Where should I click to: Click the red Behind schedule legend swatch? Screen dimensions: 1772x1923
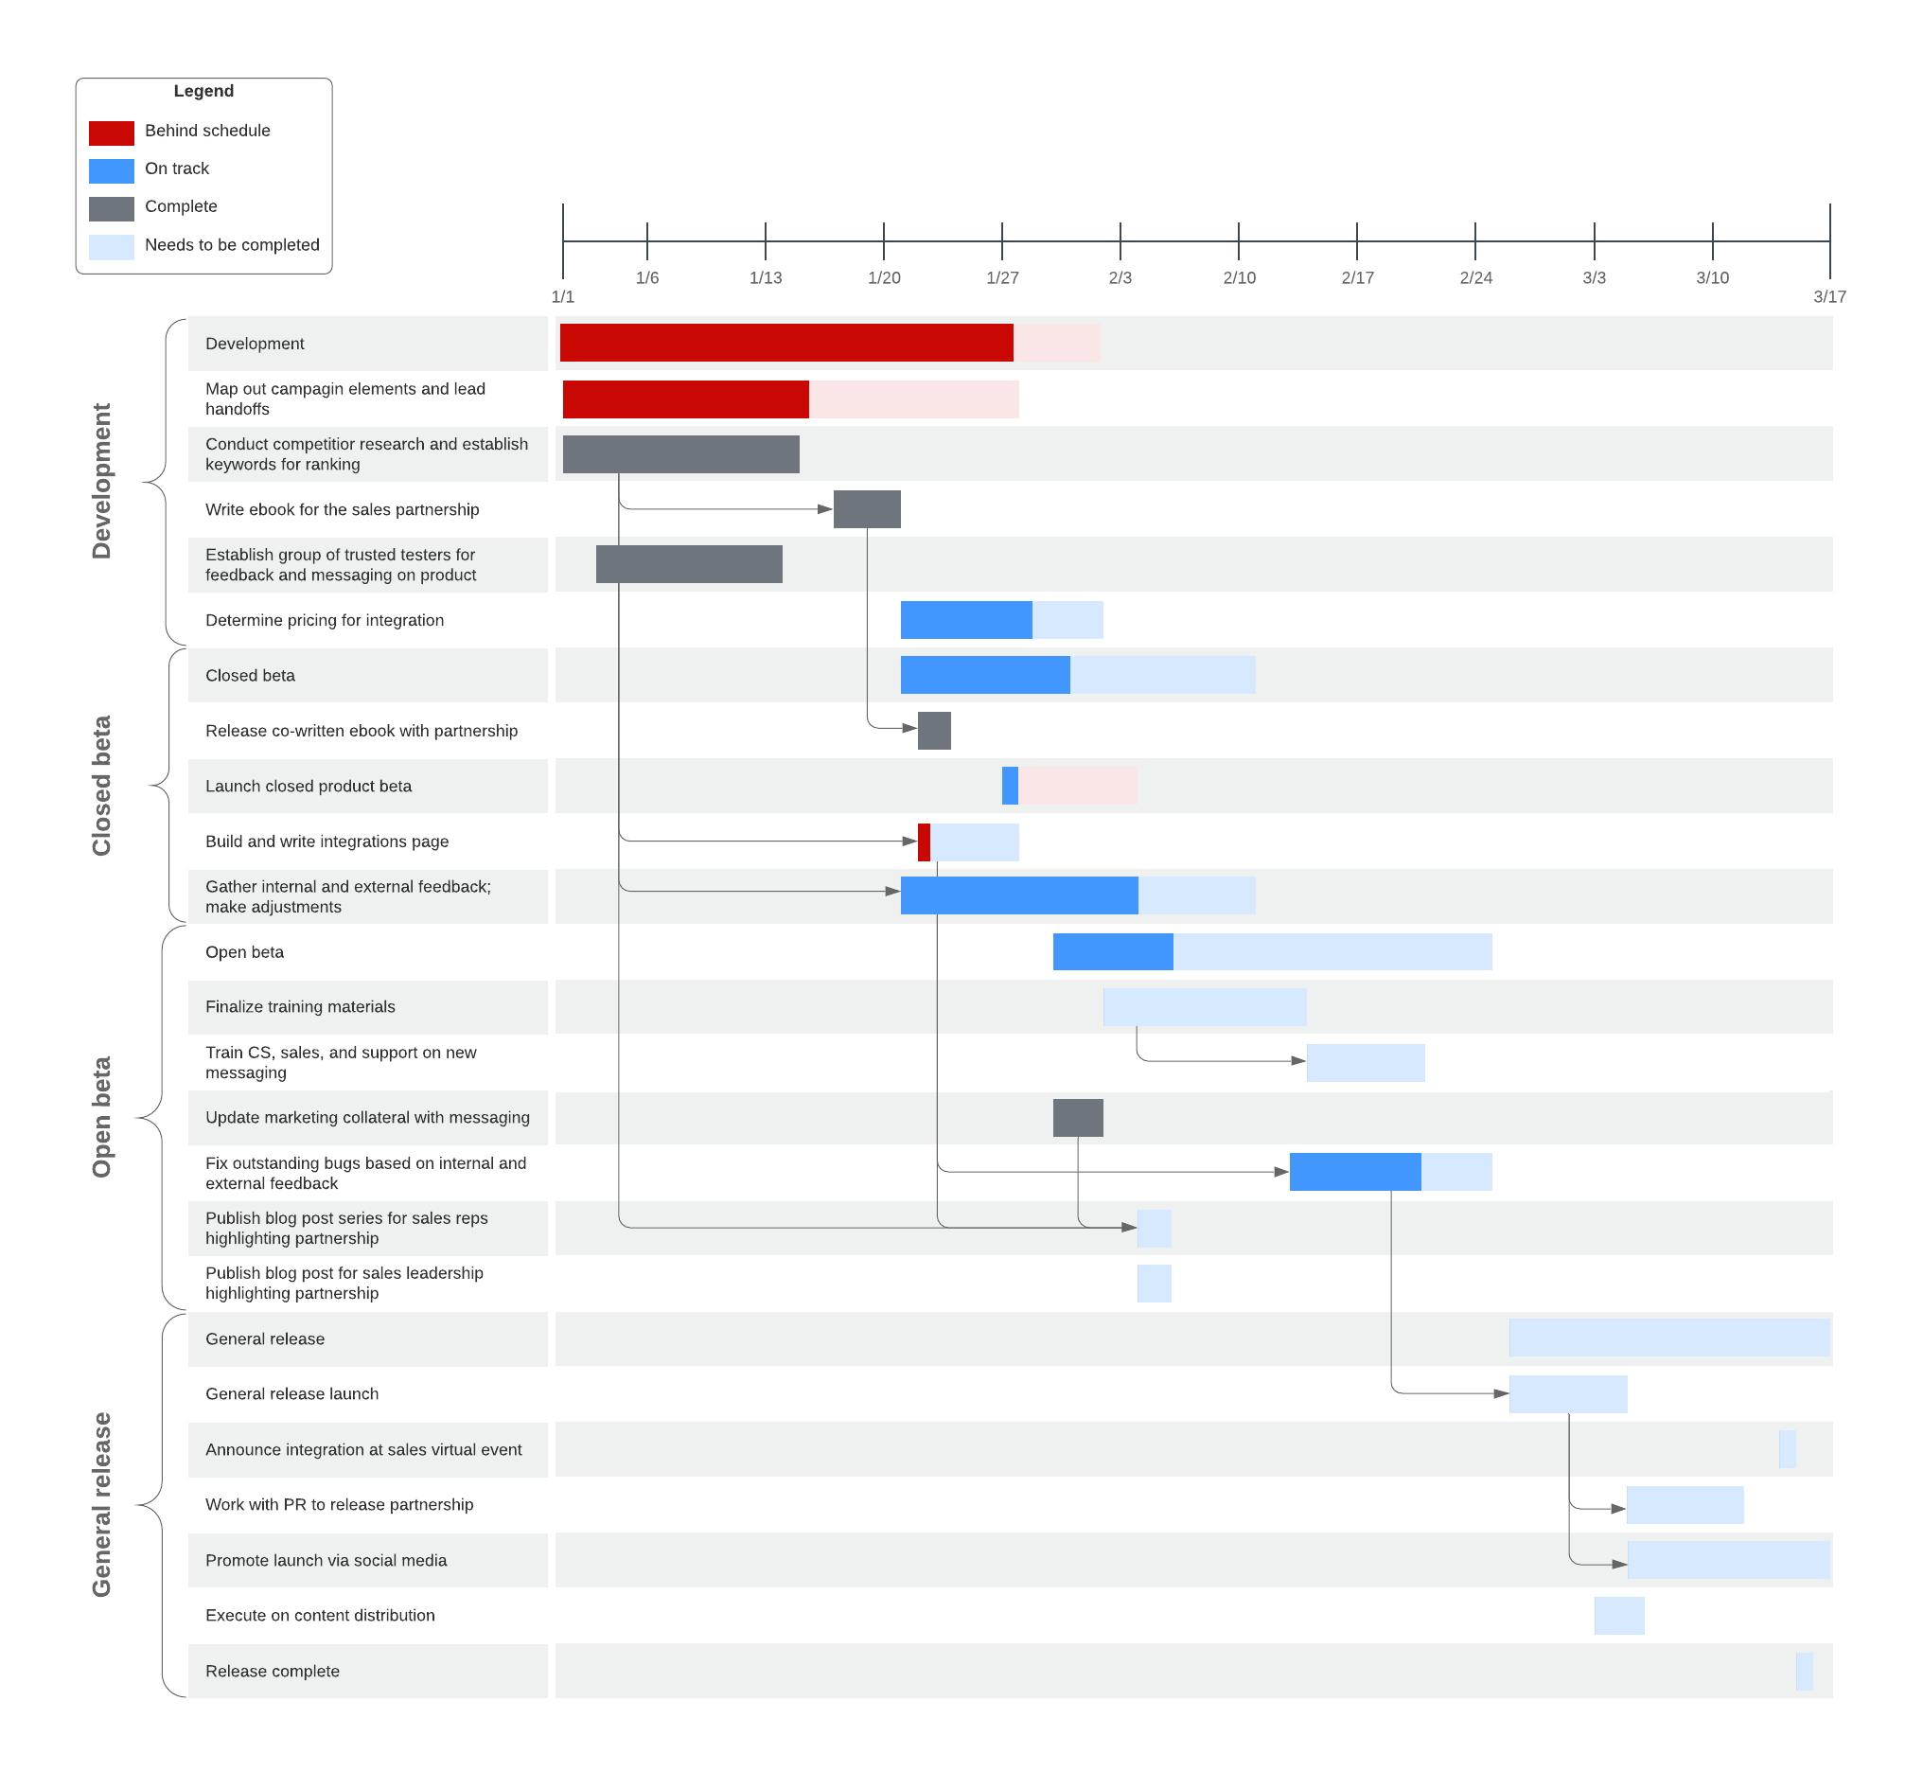tap(112, 133)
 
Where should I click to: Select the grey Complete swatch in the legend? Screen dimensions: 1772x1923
tap(112, 208)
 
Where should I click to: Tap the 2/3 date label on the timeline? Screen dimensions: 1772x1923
tap(1120, 278)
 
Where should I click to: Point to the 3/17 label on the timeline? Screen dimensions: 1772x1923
tap(1829, 297)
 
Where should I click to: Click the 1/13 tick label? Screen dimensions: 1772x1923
tap(765, 278)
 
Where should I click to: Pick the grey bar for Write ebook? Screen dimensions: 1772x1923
tap(867, 509)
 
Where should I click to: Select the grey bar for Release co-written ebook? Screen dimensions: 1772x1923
tap(934, 731)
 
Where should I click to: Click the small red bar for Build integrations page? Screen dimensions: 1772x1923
tap(924, 842)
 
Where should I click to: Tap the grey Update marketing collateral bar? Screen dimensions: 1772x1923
tap(1078, 1118)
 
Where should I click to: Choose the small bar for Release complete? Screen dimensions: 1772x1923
tap(1803, 1672)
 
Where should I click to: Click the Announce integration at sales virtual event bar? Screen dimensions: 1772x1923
tap(1787, 1449)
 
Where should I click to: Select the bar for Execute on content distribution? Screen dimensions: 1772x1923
tap(1619, 1616)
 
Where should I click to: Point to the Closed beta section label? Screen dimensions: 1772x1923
tap(101, 786)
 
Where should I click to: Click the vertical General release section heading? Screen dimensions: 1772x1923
tap(101, 1504)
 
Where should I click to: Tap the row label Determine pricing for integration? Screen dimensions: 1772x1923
tap(324, 620)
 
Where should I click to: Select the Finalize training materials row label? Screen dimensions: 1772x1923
tap(300, 1007)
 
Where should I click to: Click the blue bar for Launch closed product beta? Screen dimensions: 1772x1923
tap(1010, 787)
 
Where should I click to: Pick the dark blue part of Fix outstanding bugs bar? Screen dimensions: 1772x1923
tap(1354, 1172)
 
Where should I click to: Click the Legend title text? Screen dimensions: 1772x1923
tap(203, 91)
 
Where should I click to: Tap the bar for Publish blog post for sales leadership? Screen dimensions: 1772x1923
tap(1154, 1284)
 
